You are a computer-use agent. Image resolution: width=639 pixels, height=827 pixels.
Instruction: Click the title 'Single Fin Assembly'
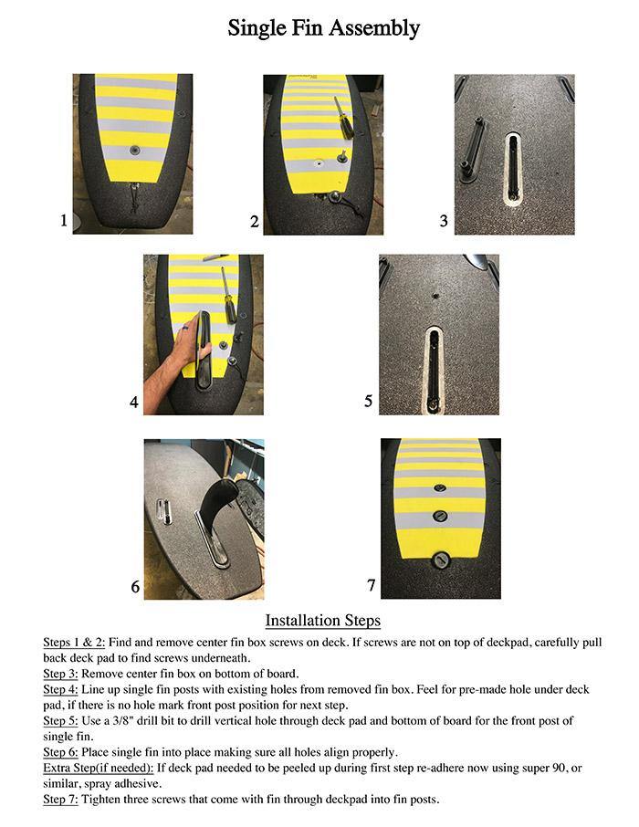(323, 29)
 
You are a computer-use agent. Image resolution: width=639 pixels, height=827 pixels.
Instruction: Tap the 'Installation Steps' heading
(322, 621)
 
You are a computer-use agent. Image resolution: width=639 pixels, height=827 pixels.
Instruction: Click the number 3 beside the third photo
(444, 221)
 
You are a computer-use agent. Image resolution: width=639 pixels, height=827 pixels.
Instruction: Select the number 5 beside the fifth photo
(368, 401)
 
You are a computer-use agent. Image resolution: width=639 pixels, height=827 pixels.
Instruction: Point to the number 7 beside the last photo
(371, 585)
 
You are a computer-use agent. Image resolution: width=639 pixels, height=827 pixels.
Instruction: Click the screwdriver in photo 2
(343, 117)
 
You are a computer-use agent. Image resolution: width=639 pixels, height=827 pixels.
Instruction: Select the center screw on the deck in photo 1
(134, 151)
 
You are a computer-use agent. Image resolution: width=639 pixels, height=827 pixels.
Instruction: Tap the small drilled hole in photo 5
(435, 296)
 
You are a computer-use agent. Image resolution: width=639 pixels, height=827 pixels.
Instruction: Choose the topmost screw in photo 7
(440, 488)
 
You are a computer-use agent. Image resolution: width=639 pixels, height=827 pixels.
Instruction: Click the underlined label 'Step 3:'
(60, 674)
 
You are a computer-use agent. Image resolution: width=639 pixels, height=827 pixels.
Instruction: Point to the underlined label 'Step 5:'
(60, 721)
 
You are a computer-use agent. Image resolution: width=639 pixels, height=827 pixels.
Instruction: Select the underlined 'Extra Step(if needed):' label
(99, 768)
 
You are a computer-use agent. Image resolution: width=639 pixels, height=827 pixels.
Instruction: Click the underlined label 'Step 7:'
(60, 800)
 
